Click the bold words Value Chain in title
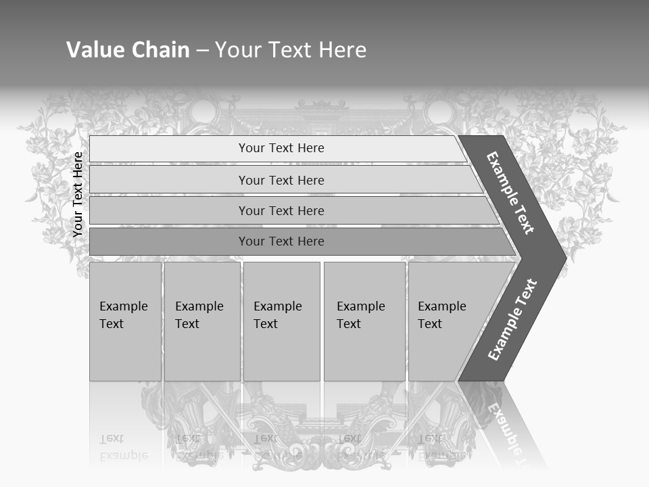point(128,50)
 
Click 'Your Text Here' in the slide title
point(291,50)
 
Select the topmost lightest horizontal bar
point(169,149)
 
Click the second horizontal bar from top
point(169,180)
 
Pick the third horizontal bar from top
point(169,210)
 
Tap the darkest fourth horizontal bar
point(169,241)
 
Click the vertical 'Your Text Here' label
point(78,194)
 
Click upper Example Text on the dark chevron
point(510,193)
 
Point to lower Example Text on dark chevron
point(512,319)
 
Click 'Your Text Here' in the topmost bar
point(281,148)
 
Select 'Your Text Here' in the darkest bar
point(281,241)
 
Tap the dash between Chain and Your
point(202,51)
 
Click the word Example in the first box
point(123,306)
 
